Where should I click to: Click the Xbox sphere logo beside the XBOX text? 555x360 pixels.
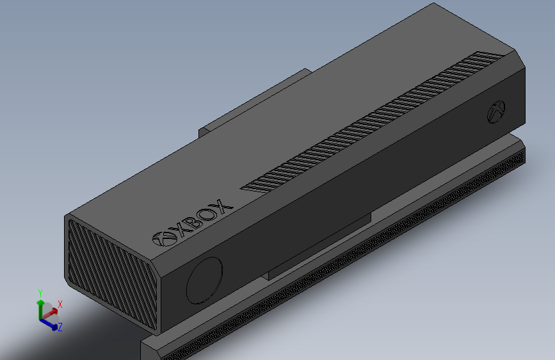tap(165, 238)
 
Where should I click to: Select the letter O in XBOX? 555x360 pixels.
tap(207, 215)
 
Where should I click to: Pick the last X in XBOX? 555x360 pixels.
tap(220, 207)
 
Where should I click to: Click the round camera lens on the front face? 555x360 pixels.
tap(205, 280)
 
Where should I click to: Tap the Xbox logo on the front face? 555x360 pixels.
tap(497, 111)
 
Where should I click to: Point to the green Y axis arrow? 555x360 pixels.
tap(40, 306)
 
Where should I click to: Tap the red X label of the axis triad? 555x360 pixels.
tap(60, 304)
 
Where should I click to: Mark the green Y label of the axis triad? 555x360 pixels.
tap(40, 293)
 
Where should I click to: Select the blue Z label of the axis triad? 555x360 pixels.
tap(60, 327)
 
